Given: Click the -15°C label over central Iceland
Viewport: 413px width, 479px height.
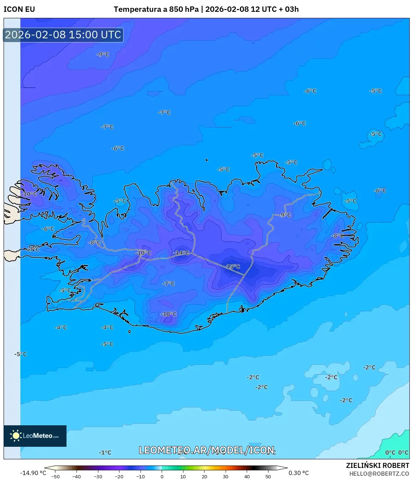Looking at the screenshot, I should pos(232,267).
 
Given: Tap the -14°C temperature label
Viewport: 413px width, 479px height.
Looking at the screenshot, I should pos(181,253).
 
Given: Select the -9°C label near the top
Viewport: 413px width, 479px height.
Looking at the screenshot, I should pos(103,54).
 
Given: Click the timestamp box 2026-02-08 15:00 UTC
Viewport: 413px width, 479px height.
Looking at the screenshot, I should pos(63,35).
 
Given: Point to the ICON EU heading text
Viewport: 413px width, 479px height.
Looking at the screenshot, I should pos(19,9).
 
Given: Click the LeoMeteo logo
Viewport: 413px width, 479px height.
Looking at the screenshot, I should pos(35,436).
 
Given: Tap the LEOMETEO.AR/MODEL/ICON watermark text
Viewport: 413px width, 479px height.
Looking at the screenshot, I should pos(207,450).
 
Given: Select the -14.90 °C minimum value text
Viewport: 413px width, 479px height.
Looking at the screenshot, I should pos(33,473).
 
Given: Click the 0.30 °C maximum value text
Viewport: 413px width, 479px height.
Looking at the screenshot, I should pos(299,473).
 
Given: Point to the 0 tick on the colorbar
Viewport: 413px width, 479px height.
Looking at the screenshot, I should pos(162,476).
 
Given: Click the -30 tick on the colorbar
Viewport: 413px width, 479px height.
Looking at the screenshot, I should pos(98,476).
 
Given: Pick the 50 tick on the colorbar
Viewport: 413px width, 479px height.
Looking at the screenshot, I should pos(268,476).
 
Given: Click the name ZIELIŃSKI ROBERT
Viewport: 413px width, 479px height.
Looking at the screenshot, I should pos(377,465).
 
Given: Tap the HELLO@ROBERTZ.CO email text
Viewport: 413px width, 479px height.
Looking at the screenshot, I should pos(379,474).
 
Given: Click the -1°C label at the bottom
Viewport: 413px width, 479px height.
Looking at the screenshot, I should pos(105,453).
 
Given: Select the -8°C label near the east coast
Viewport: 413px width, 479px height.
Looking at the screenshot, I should pos(338,236).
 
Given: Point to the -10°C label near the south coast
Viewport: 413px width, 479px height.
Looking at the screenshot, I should pos(169,314).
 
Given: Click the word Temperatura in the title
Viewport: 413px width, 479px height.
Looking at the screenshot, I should pos(137,9).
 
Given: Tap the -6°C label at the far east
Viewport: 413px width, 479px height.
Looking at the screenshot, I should pos(380,190).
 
